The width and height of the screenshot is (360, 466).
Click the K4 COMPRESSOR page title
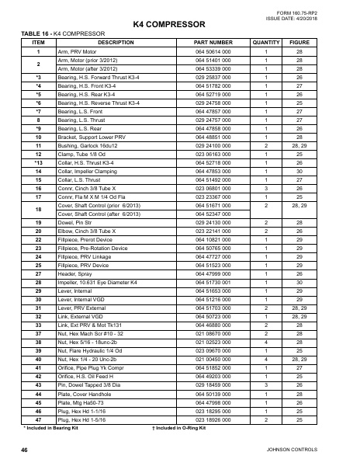(x=179, y=25)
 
